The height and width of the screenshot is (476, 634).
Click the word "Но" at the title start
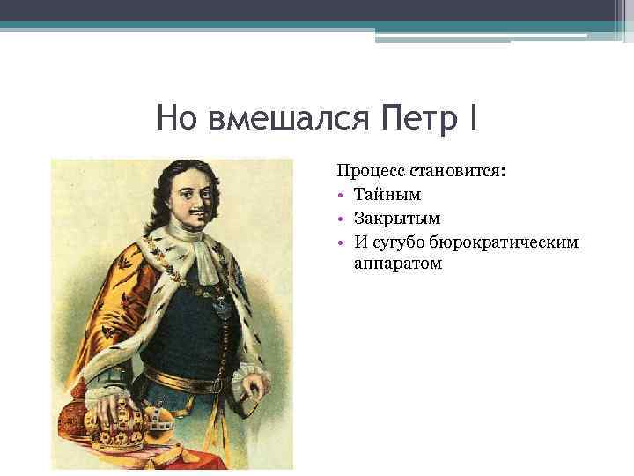pyautogui.click(x=178, y=116)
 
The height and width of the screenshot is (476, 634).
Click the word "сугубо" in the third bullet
pyautogui.click(x=402, y=241)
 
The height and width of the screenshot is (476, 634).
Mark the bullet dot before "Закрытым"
pyautogui.click(x=341, y=218)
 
